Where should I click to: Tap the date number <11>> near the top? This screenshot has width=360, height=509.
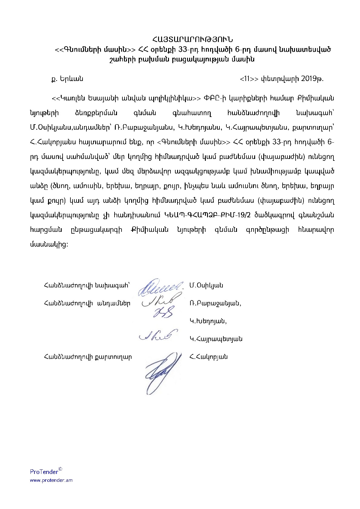pyautogui.click(x=249, y=79)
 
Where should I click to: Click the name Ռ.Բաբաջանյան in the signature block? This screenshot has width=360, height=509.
pyautogui.click(x=215, y=303)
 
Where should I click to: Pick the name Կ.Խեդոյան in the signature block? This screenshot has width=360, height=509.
pyautogui.click(x=208, y=321)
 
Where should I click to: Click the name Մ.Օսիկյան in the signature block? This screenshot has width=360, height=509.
pyautogui.click(x=206, y=285)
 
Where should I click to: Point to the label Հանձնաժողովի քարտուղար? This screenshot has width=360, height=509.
pyautogui.click(x=88, y=357)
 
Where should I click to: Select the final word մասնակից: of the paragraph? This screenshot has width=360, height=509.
pyautogui.click(x=49, y=244)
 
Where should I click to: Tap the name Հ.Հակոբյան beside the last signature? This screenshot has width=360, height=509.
pyautogui.click(x=208, y=357)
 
